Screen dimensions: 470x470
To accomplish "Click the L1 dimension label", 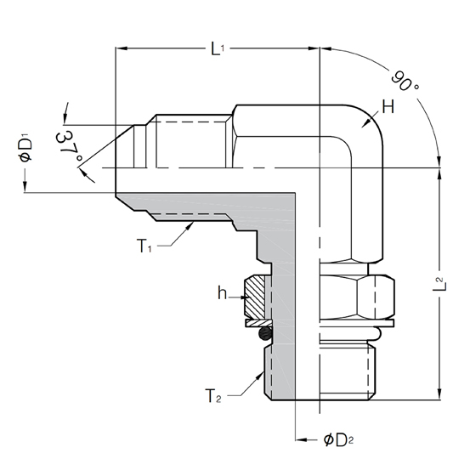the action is pos(218,48).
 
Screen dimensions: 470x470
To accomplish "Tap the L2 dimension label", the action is pos(439,284).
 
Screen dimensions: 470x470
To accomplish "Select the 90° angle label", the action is pos(405,81).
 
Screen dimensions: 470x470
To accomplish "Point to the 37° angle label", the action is pos(69,145).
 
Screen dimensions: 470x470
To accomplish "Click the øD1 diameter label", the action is pos(26,150).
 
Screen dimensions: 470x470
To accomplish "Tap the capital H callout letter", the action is pos(388,107).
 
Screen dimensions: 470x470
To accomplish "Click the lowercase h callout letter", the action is pos(222,293).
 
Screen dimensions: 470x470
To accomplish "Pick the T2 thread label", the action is pos(213,396).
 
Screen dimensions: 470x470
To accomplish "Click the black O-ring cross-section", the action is pos(265,333).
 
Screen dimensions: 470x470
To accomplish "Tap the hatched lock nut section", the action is pos(254,297).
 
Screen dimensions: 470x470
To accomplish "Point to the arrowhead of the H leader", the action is pos(365,123).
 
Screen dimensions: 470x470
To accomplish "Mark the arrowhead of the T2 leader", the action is pos(259,376).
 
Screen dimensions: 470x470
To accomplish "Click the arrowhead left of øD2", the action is pos(301,439).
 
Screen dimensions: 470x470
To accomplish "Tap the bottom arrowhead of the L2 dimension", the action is pos(439,394).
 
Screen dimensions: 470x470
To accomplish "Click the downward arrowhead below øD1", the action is pos(25,186).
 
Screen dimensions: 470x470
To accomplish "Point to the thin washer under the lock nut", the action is pos(258,323).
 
